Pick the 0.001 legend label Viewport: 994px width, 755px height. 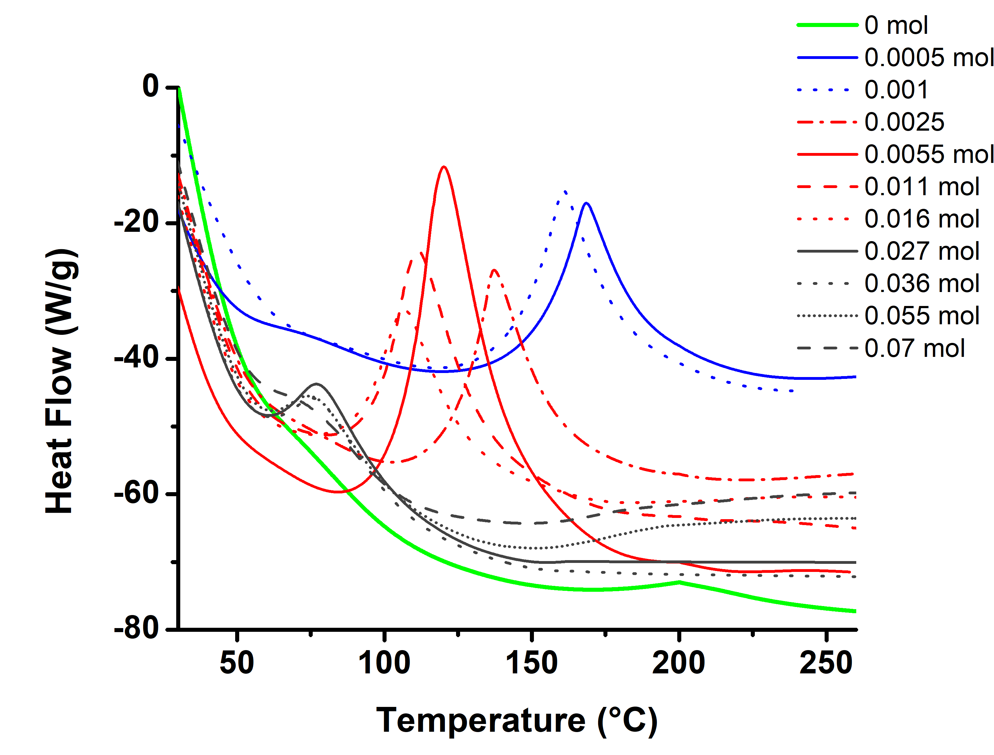point(896,90)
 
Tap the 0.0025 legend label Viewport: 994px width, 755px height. point(904,122)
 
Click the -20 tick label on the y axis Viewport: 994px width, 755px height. point(137,222)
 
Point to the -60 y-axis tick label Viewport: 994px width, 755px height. point(137,493)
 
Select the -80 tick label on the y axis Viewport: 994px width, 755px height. point(137,629)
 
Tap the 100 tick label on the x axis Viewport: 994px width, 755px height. point(384,663)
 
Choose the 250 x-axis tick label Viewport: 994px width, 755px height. point(826,663)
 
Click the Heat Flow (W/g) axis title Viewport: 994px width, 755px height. point(61,381)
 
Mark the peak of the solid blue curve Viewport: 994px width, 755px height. point(586,203)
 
